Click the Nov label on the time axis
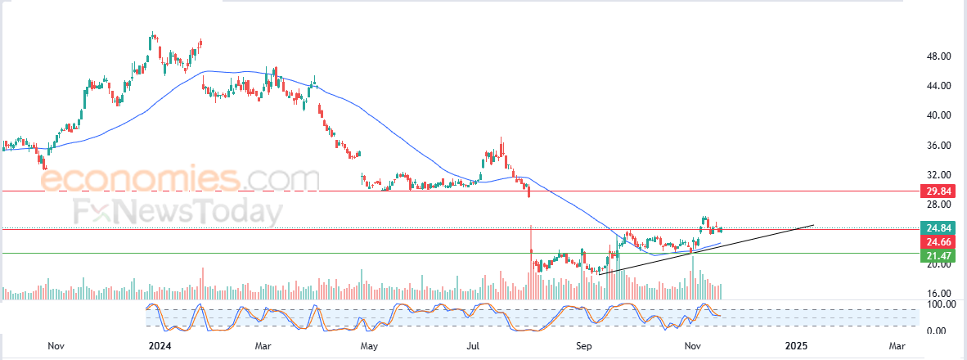(x=56, y=346)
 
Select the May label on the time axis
(x=370, y=346)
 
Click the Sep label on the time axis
(x=583, y=346)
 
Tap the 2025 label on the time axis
(x=796, y=346)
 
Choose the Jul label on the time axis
(x=473, y=346)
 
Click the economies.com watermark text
(x=179, y=178)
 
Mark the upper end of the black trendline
(x=814, y=224)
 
